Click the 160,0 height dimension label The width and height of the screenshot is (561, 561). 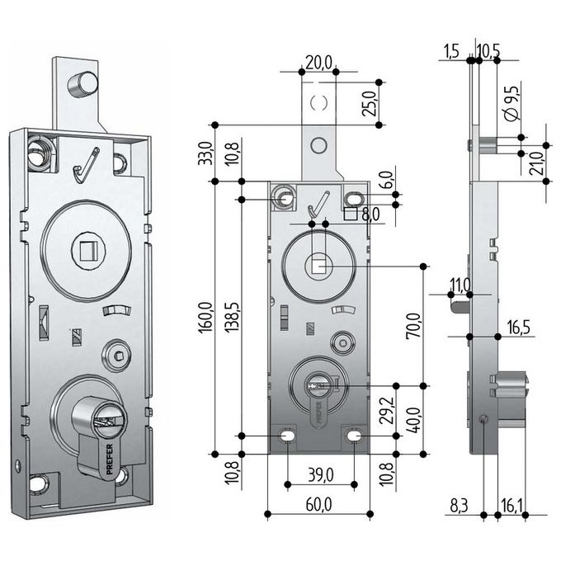[x=205, y=318]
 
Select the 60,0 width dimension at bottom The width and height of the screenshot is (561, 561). [x=318, y=504]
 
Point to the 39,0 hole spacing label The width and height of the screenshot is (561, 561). [x=321, y=474]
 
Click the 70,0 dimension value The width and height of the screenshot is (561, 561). [x=413, y=326]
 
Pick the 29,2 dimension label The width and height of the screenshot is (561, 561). [x=387, y=410]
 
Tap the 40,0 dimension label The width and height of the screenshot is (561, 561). [x=414, y=420]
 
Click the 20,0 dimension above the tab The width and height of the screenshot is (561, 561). [x=318, y=63]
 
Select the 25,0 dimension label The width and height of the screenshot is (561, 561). [x=370, y=103]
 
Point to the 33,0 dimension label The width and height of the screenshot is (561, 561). [x=205, y=153]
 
